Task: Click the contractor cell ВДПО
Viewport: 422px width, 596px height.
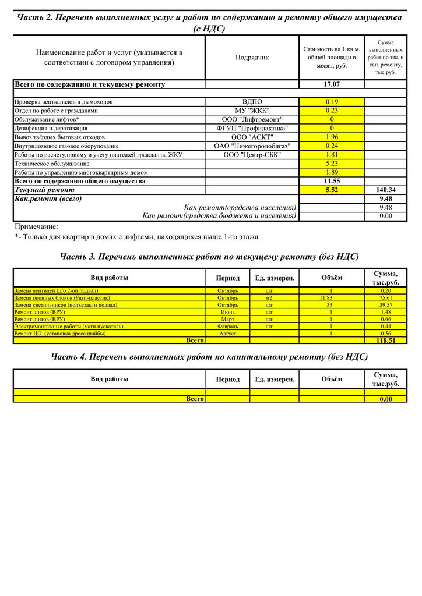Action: coord(252,102)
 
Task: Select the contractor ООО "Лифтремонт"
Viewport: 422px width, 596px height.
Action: coord(252,119)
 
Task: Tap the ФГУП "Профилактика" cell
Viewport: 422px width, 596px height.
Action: coord(252,128)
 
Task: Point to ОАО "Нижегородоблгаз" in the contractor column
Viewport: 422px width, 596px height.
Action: coord(252,146)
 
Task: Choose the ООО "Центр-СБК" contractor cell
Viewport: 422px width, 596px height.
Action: coord(252,155)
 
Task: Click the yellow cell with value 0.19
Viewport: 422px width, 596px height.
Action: coord(332,102)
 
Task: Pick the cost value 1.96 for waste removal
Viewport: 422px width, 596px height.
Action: coord(332,137)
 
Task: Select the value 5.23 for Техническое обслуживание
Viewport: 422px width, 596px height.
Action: coord(332,164)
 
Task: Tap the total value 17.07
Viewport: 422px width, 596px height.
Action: coord(332,84)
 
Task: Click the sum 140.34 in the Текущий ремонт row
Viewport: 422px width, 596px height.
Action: coord(385,190)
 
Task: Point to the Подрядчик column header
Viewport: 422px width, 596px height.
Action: coord(252,58)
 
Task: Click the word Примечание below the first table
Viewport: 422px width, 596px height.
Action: coord(36,226)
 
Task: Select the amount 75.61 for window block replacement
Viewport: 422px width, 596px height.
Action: coord(385,297)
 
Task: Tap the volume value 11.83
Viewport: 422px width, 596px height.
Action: coord(330,297)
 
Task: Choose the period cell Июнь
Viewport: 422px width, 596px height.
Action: coord(227,312)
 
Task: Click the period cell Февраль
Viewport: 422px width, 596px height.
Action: coord(227,326)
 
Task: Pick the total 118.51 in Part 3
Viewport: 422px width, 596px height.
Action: coord(385,340)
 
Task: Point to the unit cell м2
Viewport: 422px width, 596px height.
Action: coord(269,297)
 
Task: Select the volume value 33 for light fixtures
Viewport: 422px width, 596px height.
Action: coord(330,304)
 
